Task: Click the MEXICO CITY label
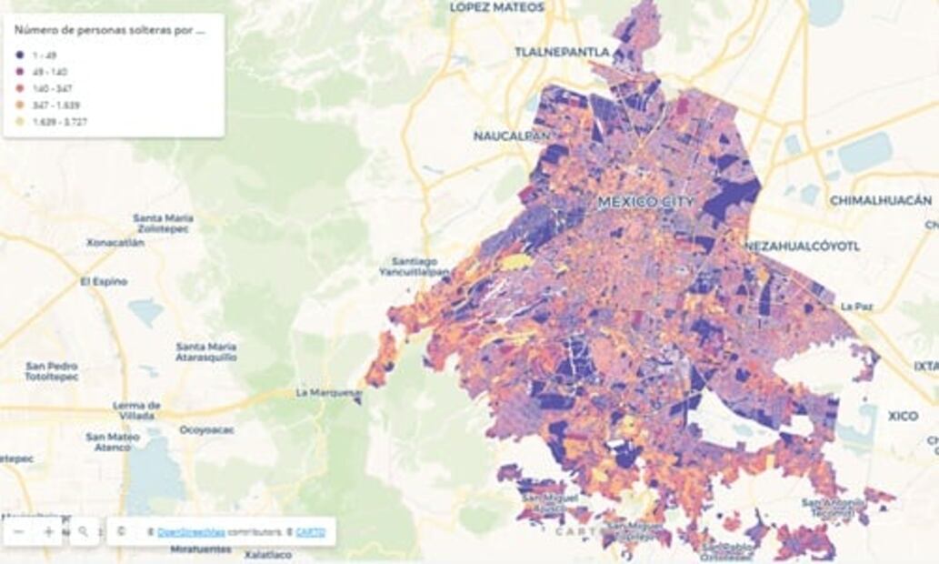(645, 202)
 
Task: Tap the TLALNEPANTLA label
(562, 52)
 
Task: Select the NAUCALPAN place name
(512, 136)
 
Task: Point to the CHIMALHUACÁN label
(881, 200)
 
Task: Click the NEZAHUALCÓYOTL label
(802, 246)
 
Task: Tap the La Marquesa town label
(329, 393)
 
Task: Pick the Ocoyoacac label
(208, 429)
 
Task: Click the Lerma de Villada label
(136, 410)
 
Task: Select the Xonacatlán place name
(115, 243)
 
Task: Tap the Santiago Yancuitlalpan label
(415, 266)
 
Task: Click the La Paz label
(856, 307)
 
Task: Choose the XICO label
(903, 416)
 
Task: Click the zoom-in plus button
(48, 532)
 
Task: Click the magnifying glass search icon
(84, 532)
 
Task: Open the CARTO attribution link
(310, 532)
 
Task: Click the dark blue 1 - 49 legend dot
(19, 55)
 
